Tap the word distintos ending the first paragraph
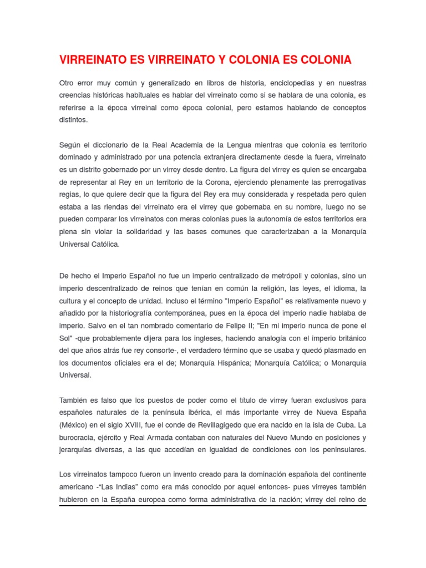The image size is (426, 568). (x=73, y=119)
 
